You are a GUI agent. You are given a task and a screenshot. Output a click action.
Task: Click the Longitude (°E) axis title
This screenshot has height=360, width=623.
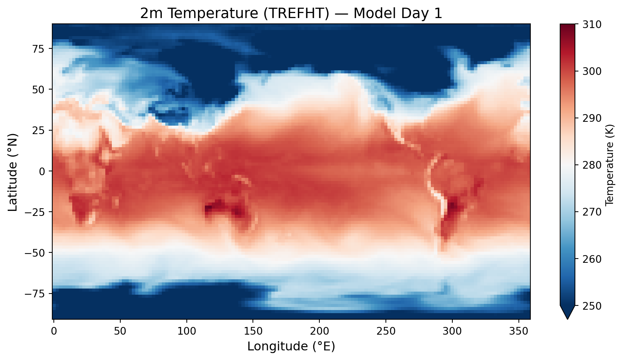click(291, 347)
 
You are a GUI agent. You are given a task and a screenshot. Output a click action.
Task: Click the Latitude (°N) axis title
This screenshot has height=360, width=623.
click(13, 171)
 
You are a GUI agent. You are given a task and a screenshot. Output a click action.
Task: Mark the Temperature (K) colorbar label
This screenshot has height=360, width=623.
click(609, 165)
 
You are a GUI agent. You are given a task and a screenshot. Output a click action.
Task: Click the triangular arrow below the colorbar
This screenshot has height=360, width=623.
click(567, 312)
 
